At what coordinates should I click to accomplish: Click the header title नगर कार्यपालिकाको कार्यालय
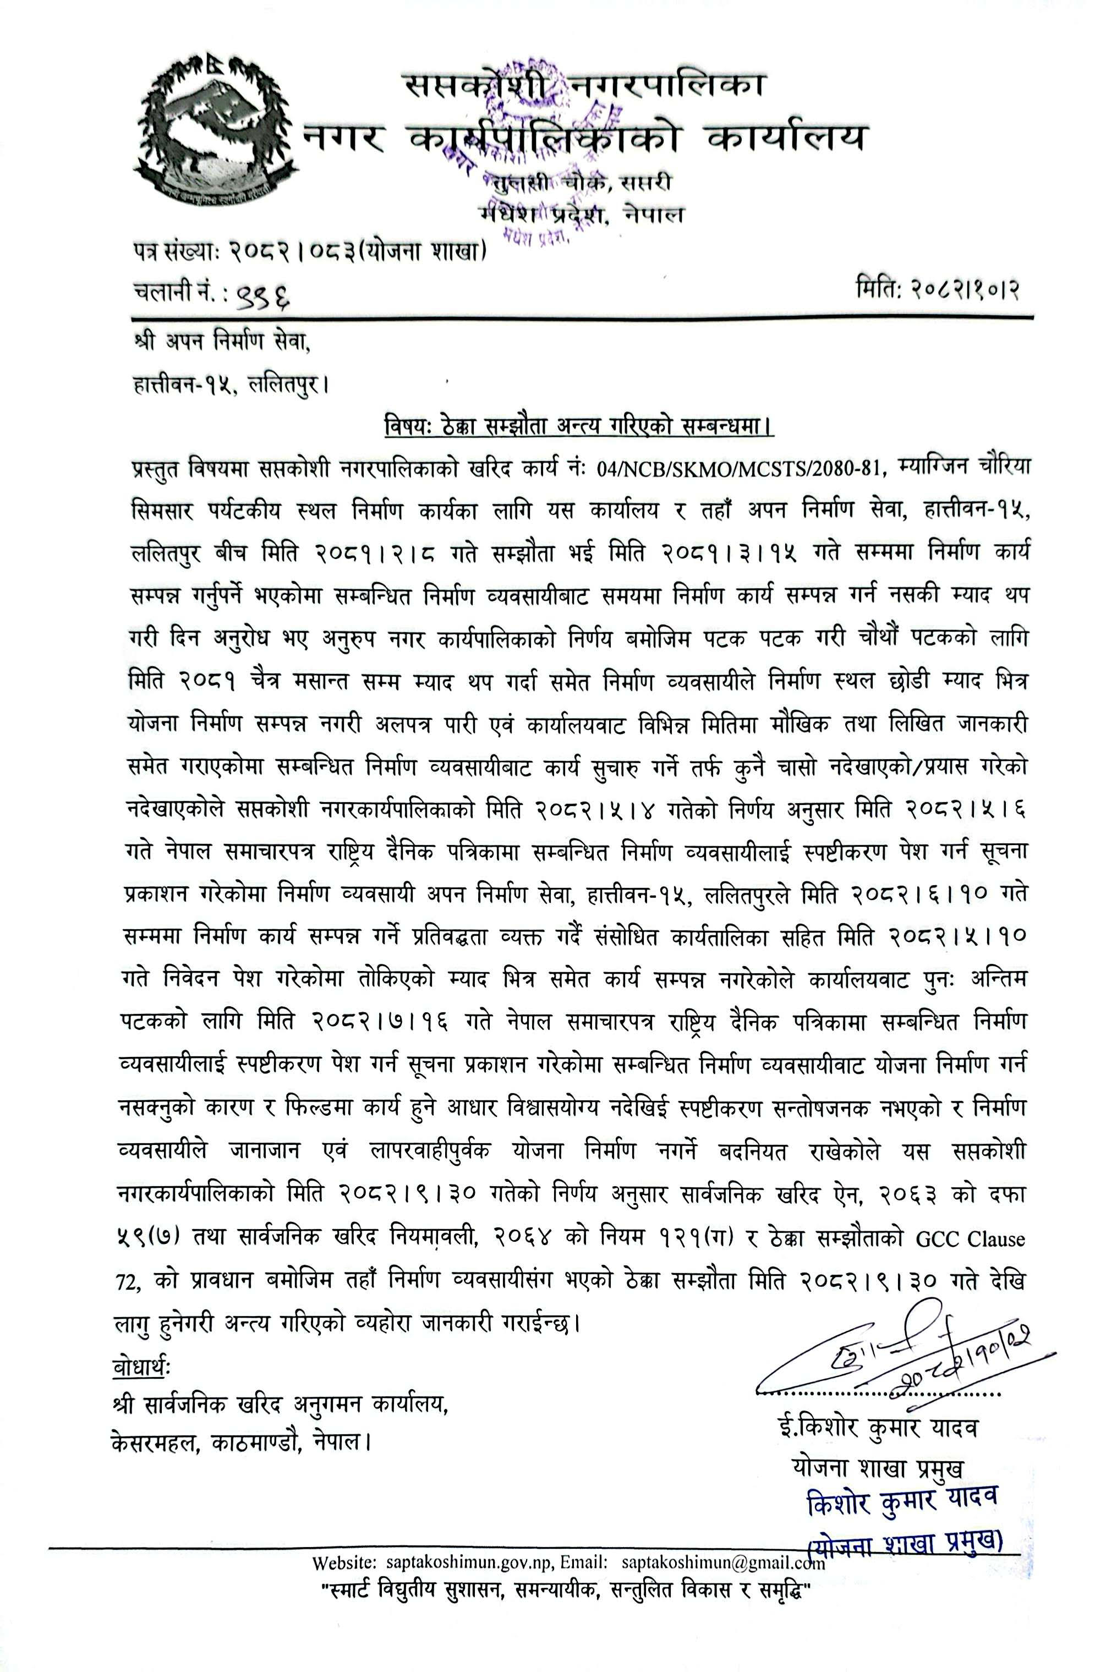[584, 138]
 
